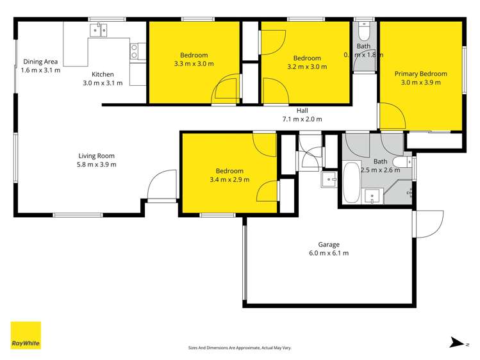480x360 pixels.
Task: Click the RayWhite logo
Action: coord(26,335)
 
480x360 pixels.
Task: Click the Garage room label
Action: coord(329,244)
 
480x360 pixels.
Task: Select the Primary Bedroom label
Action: coord(420,74)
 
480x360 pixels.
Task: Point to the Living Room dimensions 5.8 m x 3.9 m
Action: coord(97,164)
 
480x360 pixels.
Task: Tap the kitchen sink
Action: coord(99,30)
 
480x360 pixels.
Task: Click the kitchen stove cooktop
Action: coord(135,51)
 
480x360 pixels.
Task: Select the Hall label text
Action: coord(302,110)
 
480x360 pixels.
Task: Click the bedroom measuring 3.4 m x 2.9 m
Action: coord(229,175)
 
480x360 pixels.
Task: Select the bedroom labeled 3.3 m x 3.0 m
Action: coord(194,60)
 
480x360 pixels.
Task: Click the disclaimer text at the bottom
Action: coord(239,348)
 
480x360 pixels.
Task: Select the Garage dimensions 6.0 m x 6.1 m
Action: coord(329,253)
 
